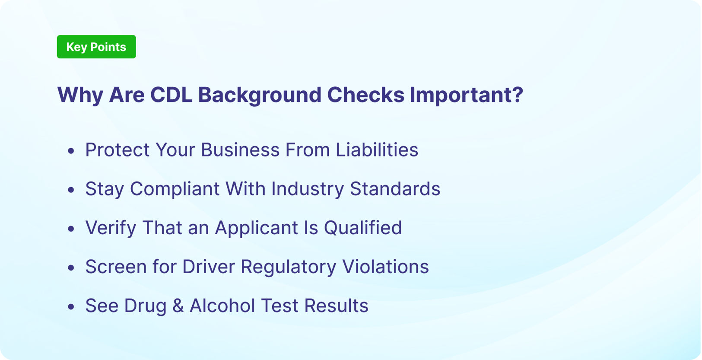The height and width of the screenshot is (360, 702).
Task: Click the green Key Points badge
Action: pyautogui.click(x=96, y=47)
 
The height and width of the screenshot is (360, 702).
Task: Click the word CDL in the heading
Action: pyautogui.click(x=171, y=95)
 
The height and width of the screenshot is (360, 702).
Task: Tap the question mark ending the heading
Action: pyautogui.click(x=517, y=95)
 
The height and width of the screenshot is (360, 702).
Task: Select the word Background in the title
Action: pyautogui.click(x=259, y=95)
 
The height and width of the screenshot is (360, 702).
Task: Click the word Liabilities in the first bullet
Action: pyautogui.click(x=377, y=150)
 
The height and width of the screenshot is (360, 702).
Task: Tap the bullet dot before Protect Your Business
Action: pyautogui.click(x=71, y=151)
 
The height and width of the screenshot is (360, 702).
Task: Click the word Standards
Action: pyautogui.click(x=395, y=189)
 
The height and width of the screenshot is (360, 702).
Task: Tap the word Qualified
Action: pyautogui.click(x=363, y=228)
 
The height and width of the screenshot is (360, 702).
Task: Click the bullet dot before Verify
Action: pyautogui.click(x=71, y=229)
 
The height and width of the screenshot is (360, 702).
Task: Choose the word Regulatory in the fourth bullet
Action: pyautogui.click(x=288, y=267)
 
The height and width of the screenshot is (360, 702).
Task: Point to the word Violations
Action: pyautogui.click(x=385, y=267)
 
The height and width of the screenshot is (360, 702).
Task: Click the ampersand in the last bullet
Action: pyautogui.click(x=178, y=306)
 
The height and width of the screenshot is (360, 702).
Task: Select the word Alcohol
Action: pyautogui.click(x=222, y=306)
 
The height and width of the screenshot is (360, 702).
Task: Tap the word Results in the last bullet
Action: pyautogui.click(x=336, y=306)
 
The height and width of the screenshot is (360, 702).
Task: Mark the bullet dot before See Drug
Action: pyautogui.click(x=71, y=306)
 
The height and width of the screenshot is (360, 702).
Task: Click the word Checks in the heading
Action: pyautogui.click(x=365, y=95)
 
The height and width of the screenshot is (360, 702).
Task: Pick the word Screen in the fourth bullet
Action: pyautogui.click(x=115, y=267)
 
